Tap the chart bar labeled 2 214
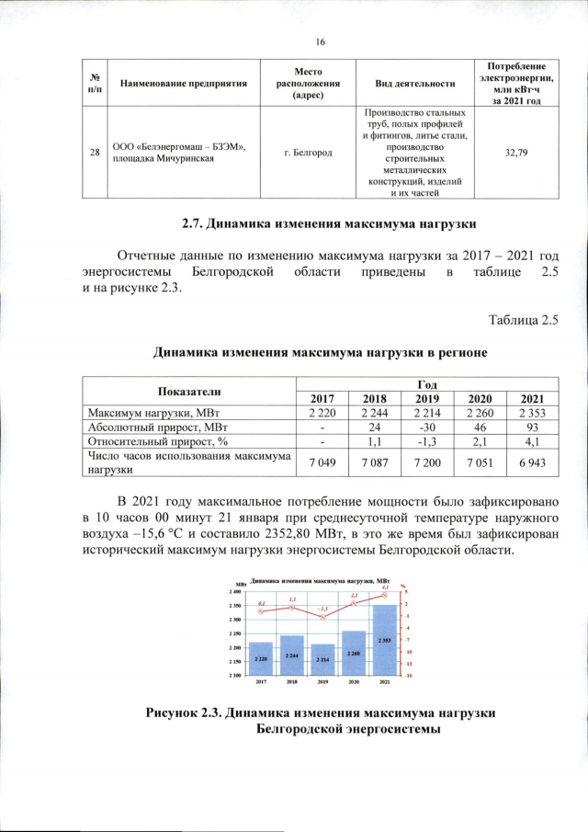click(322, 659)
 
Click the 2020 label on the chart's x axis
click(354, 681)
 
